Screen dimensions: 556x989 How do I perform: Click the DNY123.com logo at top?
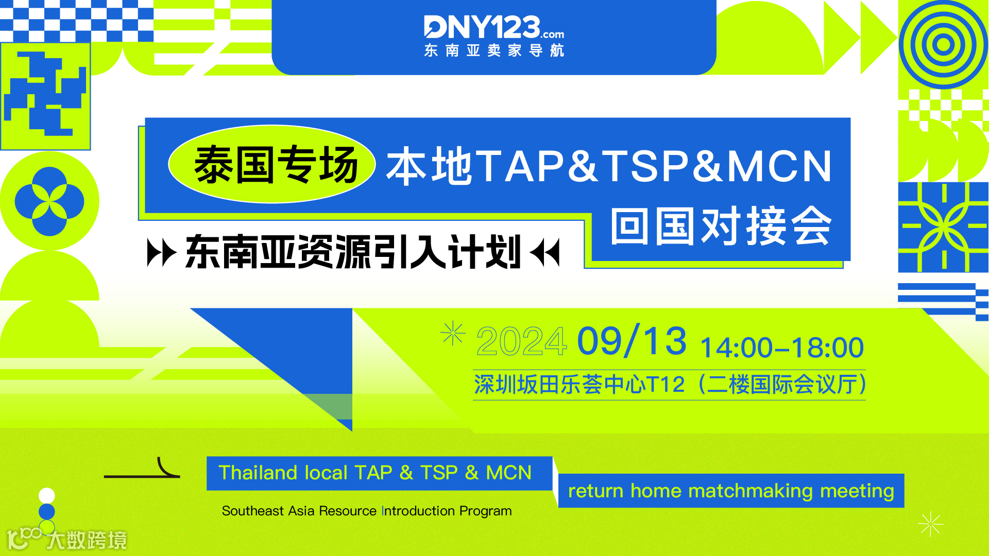coord(493,27)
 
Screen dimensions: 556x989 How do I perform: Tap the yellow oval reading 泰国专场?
coord(272,165)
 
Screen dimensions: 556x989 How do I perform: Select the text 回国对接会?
coord(721,227)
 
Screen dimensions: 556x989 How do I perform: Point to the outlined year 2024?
coord(521,341)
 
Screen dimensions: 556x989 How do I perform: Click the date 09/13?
coord(632,341)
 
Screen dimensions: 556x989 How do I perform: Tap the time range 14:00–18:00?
coord(781,347)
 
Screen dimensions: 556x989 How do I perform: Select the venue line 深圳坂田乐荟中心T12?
coord(579,385)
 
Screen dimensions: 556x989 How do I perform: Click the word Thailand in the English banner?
coord(258,473)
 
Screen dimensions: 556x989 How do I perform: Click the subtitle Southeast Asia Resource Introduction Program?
coord(366,511)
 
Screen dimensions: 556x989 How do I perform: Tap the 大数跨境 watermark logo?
coord(67,540)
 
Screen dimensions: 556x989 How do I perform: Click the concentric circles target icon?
coord(943,44)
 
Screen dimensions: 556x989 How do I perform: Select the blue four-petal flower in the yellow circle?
coord(49,201)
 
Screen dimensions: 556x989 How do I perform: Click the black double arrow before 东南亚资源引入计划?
coord(161,252)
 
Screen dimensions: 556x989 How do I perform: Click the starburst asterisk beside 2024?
coord(453,334)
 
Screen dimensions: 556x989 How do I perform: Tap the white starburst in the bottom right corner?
coord(930,525)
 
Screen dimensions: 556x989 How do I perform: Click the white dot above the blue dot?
coord(47,495)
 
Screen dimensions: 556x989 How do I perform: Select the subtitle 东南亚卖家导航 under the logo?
coord(493,50)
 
